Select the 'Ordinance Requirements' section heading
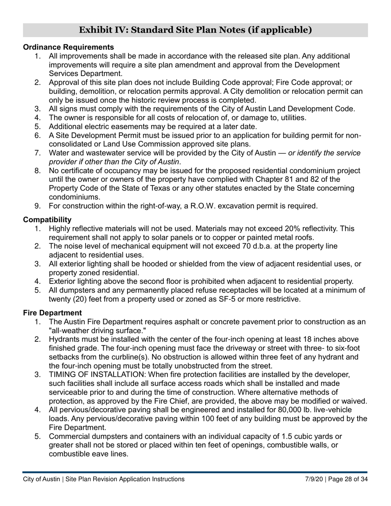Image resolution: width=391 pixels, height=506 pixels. tap(68, 47)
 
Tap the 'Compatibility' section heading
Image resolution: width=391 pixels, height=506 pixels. tap(47, 220)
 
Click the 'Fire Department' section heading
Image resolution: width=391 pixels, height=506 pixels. tap(52, 313)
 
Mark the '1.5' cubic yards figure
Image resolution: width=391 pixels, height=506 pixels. tap(288, 436)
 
